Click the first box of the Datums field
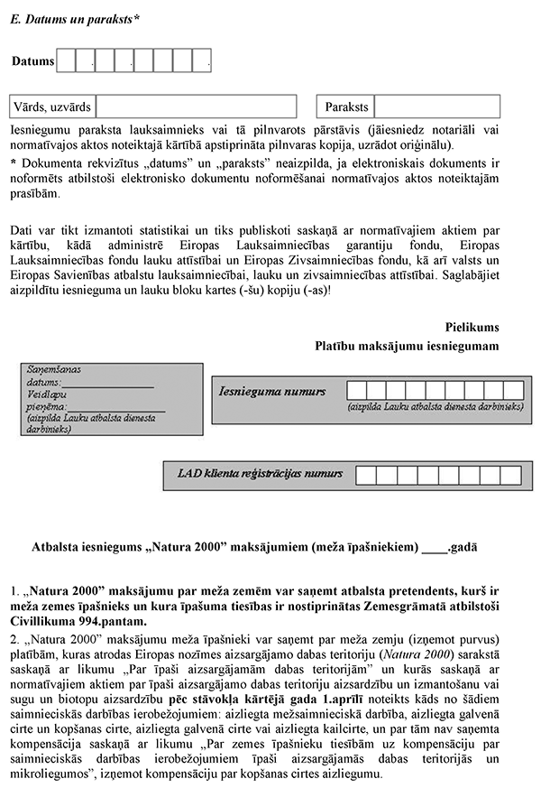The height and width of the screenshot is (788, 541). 66,60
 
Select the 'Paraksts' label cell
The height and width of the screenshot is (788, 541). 347,107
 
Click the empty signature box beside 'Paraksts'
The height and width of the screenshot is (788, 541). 438,107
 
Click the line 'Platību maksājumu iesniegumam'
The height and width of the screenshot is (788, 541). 407,345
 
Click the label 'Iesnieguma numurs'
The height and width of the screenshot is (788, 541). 271,393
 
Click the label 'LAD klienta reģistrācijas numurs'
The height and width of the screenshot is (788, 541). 260,473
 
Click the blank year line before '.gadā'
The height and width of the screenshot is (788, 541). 434,548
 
